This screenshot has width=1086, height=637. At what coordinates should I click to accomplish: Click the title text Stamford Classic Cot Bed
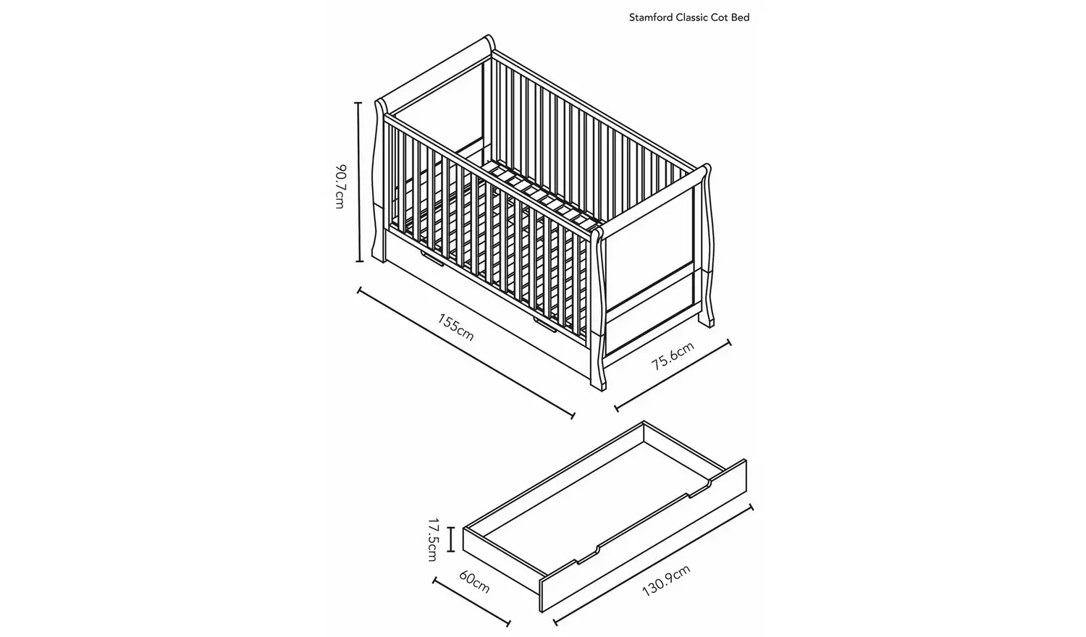[x=689, y=17]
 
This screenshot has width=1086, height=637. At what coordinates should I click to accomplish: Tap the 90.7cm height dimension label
[x=341, y=187]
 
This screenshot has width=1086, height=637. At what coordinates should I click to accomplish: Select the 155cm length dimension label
[x=455, y=327]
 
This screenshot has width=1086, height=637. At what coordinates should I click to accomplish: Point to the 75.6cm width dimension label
[x=673, y=355]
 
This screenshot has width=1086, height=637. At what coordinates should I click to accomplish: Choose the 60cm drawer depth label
[x=474, y=582]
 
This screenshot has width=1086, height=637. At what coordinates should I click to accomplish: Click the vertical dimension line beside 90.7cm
[x=359, y=182]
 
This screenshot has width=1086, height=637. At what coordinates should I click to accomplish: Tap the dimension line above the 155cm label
[x=466, y=353]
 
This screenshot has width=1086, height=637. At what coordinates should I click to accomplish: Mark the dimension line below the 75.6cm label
[x=673, y=376]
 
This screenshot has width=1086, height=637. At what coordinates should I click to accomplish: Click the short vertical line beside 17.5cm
[x=451, y=539]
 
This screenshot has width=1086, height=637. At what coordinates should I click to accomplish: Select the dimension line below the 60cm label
[x=471, y=602]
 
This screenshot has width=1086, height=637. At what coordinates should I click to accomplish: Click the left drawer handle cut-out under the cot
[x=432, y=259]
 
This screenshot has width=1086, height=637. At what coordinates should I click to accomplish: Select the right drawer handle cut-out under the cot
[x=545, y=325]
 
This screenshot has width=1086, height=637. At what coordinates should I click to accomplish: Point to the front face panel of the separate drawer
[x=644, y=535]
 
